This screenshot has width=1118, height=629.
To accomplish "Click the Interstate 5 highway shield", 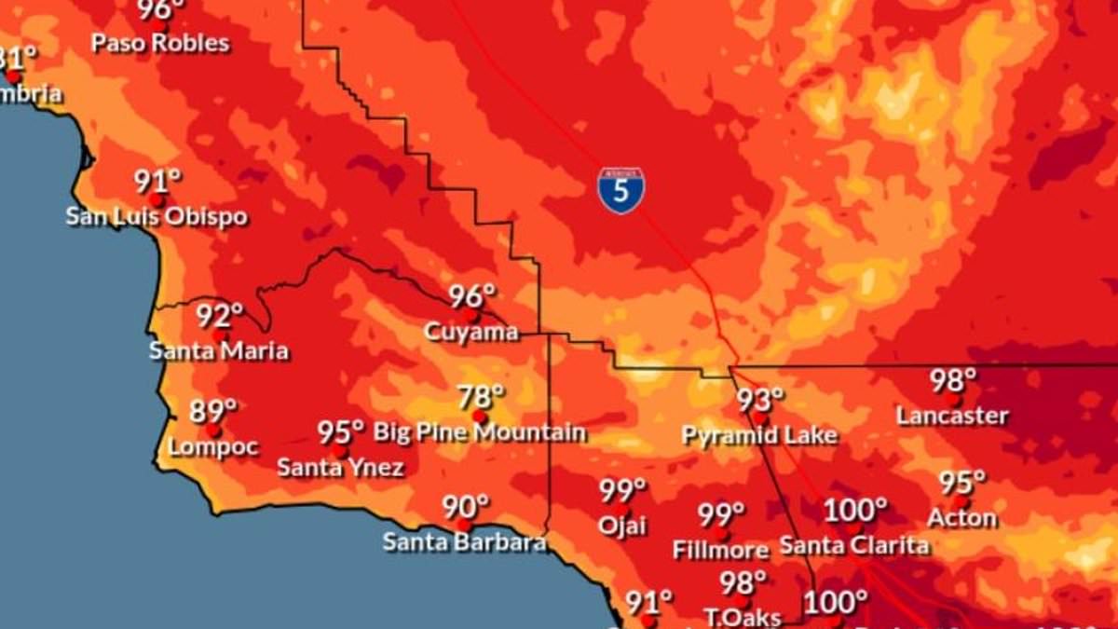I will [x=620, y=191].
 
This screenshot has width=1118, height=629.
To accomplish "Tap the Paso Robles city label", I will [x=160, y=43].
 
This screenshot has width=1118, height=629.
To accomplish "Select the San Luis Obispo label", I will [x=157, y=217].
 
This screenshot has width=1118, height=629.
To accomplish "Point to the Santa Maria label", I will [x=219, y=351].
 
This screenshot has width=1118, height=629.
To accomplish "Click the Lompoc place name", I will [x=213, y=447].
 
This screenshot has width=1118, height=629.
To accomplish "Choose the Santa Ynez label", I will [x=340, y=468].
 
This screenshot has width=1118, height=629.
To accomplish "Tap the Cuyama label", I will [x=470, y=332].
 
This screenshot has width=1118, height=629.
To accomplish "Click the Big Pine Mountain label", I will [x=480, y=432].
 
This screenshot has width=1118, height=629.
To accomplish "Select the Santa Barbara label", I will [x=464, y=541].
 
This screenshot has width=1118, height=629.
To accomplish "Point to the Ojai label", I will [x=622, y=526].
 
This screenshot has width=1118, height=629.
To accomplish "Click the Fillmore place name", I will [x=720, y=550].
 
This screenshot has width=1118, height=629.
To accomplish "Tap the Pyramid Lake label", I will [x=759, y=435].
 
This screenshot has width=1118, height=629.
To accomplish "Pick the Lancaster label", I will [x=952, y=416].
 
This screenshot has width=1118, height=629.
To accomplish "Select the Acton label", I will [x=961, y=518].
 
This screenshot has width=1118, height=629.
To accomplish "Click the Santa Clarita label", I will [x=854, y=545].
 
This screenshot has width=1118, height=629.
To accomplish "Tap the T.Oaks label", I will [x=742, y=617].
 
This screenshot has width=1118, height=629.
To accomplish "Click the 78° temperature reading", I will [x=481, y=397].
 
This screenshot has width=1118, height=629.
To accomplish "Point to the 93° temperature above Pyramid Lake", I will [x=760, y=400].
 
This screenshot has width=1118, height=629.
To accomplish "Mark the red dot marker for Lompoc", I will [x=213, y=431].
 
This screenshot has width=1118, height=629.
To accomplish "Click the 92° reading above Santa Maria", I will [x=219, y=316].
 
